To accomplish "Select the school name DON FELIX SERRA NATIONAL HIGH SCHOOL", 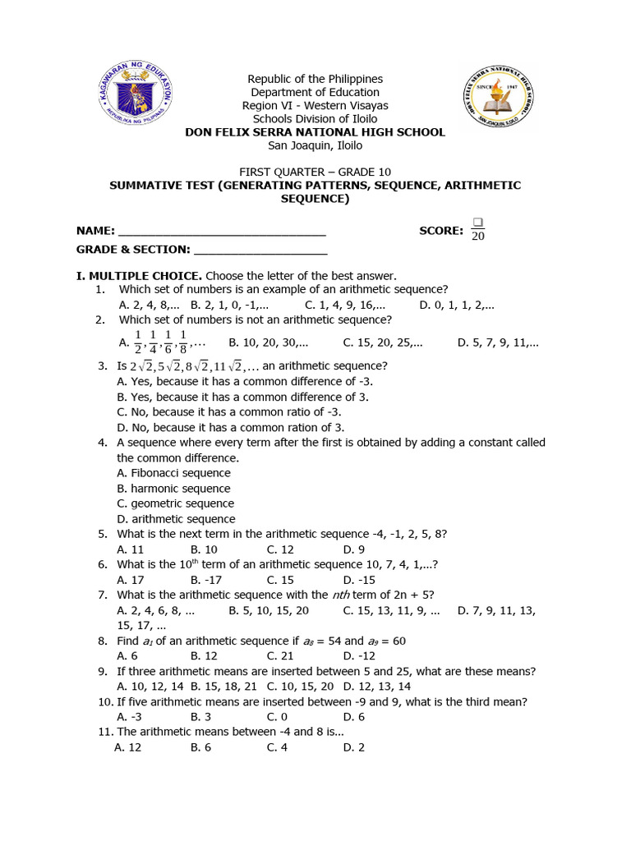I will click(x=315, y=132).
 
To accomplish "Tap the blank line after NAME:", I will click(x=222, y=232).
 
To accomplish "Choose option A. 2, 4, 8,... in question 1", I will click(x=149, y=305).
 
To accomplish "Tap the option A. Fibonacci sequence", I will click(x=173, y=473).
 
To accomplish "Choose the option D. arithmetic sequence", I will click(x=176, y=519).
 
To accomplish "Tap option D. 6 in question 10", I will click(x=354, y=717).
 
